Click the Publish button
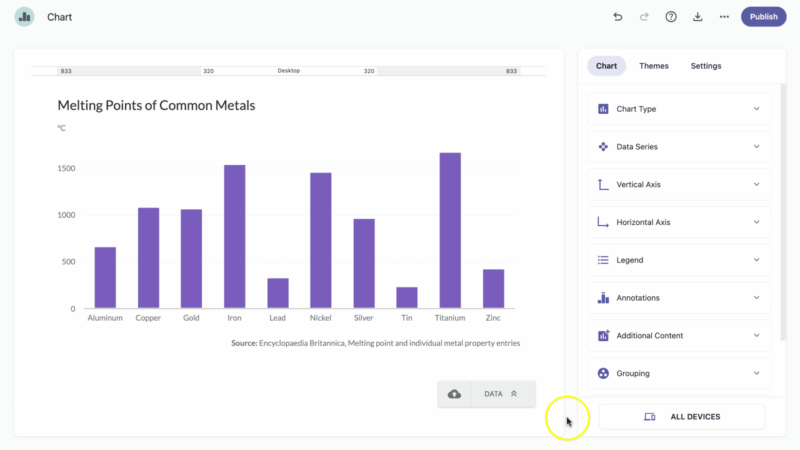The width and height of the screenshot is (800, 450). [764, 17]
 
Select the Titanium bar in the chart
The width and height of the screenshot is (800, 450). [450, 231]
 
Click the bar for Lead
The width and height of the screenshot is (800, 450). [278, 293]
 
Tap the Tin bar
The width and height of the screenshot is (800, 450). [407, 297]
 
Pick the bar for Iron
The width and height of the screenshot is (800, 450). [234, 236]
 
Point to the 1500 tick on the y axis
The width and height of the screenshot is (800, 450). [66, 168]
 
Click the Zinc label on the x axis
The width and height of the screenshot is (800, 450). [493, 318]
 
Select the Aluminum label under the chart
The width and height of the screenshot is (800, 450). [105, 318]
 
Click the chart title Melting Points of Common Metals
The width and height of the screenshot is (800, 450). [156, 106]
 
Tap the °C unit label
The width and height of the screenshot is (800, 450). [61, 128]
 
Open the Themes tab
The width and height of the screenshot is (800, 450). [654, 66]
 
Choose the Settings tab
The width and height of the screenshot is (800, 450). [706, 66]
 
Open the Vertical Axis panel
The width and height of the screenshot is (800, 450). [679, 184]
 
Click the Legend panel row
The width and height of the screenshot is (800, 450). [679, 260]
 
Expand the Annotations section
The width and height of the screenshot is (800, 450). [679, 298]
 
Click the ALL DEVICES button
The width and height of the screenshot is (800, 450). [682, 417]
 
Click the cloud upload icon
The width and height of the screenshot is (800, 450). [454, 394]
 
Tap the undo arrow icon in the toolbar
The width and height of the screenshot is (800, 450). [618, 17]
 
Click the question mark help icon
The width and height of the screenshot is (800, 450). [671, 17]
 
